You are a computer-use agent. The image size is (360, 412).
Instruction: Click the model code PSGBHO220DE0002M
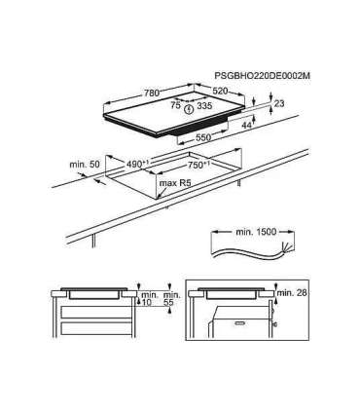click(263, 76)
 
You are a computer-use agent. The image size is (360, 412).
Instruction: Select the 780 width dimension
click(152, 94)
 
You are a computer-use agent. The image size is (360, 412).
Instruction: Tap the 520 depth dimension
click(220, 92)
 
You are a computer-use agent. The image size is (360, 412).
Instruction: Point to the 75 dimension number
click(175, 105)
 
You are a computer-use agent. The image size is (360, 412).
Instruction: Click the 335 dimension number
click(204, 105)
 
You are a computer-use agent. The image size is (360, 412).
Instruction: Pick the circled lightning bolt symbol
click(189, 109)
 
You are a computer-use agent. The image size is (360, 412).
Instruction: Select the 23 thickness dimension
click(279, 103)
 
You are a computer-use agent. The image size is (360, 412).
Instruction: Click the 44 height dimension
click(247, 125)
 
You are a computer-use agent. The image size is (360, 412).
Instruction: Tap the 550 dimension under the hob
click(203, 137)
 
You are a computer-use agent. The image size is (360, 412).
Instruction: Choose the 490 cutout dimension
click(135, 164)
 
